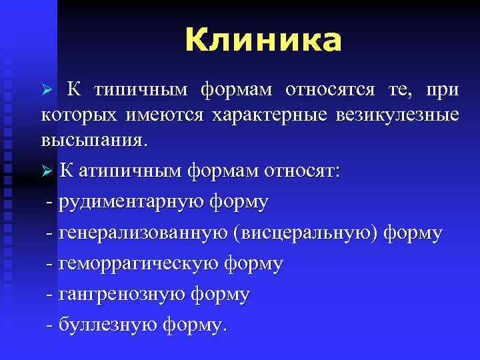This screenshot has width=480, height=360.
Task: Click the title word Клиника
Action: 263,41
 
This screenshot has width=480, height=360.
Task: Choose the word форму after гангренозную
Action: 221,295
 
